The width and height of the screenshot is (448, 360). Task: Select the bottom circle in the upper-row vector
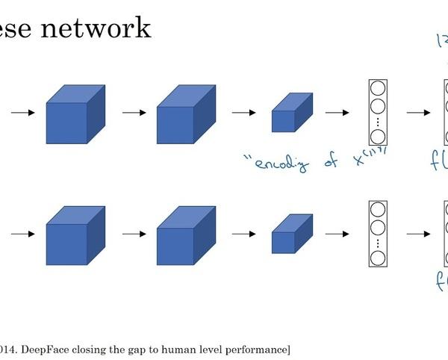(378, 137)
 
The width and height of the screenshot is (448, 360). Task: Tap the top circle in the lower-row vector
(378, 209)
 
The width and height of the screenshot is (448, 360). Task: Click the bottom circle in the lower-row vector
(378, 258)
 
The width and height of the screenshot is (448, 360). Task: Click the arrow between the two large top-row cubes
(133, 114)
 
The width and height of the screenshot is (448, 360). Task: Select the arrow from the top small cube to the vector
(337, 114)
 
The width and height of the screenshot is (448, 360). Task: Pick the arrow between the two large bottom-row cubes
(133, 235)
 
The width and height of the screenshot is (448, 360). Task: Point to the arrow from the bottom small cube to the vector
(337, 235)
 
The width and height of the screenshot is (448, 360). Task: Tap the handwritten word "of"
(332, 161)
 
